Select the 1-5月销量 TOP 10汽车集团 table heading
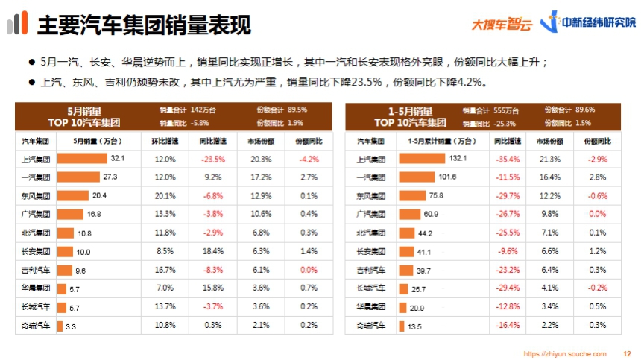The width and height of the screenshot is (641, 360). [x=409, y=116]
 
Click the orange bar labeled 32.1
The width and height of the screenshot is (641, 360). [x=82, y=159]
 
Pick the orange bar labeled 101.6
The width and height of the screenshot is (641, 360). [x=417, y=177]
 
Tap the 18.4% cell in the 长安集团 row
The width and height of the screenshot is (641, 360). [x=212, y=252]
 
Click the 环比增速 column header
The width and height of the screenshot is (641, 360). [x=165, y=140]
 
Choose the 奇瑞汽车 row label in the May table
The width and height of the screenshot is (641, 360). [x=36, y=326]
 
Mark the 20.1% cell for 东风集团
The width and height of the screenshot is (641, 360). [x=165, y=196]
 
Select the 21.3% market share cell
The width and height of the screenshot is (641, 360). [x=550, y=159]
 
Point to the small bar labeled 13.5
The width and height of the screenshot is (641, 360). [x=401, y=326]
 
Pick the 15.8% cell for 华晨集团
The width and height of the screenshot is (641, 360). [x=212, y=288]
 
